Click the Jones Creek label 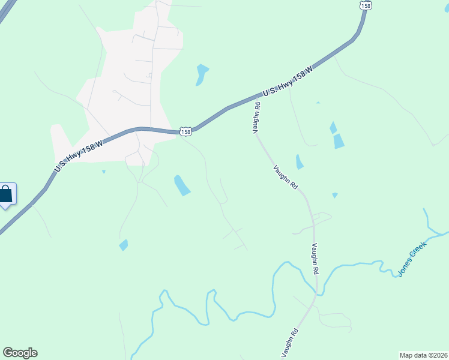click(x=412, y=259)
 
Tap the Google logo click(x=20, y=353)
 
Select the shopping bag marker click(x=6, y=195)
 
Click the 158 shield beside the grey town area click(x=186, y=131)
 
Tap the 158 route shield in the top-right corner click(x=366, y=4)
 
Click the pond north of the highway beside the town click(x=201, y=74)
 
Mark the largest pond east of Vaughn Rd click(x=339, y=141)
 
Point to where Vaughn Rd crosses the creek click(x=316, y=293)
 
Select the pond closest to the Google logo click(x=124, y=245)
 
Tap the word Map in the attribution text click(x=406, y=355)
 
